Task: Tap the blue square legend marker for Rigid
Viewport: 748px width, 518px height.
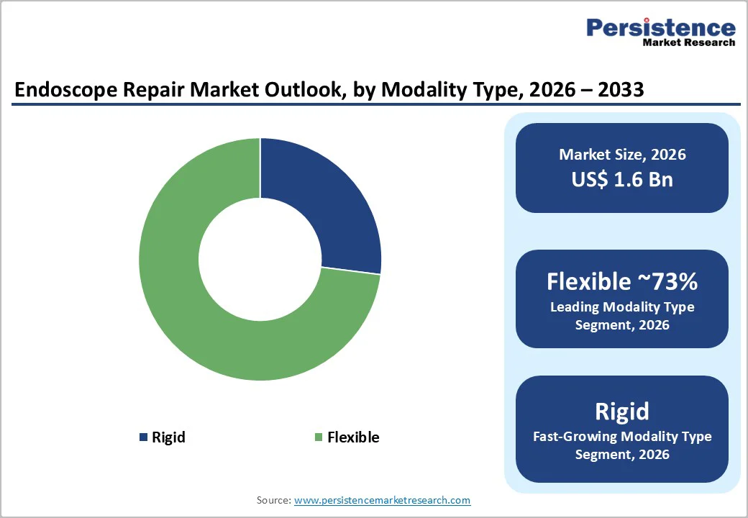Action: coord(143,437)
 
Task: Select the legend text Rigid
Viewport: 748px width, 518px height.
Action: coord(168,437)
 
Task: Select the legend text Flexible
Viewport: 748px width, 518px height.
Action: coord(353,437)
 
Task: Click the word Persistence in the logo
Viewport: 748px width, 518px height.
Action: coord(661,28)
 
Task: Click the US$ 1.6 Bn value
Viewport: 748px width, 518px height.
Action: coord(622,178)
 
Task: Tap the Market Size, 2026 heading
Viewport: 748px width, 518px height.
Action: coord(622,155)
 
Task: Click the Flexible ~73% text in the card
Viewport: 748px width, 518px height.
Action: coord(622,281)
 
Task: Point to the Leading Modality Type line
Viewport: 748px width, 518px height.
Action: coord(622,307)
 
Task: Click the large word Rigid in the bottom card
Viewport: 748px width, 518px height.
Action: coord(622,411)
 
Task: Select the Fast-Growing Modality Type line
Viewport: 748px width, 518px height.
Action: coord(622,436)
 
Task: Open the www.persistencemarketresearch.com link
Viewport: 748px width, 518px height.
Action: coord(382,500)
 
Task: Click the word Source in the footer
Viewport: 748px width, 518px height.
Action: coord(273,500)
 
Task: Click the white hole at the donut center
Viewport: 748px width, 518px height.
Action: coord(260,259)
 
